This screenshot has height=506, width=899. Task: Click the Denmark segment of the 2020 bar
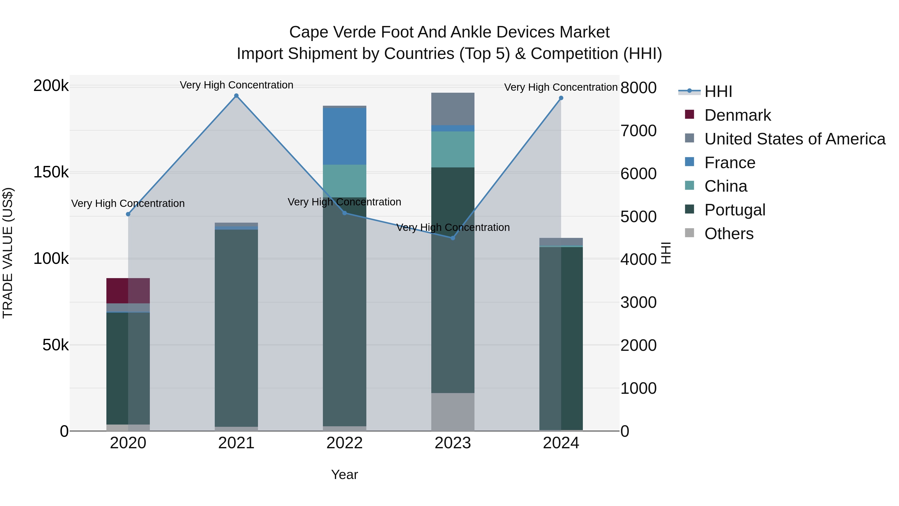pyautogui.click(x=128, y=291)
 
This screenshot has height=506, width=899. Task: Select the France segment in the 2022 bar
pyautogui.click(x=344, y=136)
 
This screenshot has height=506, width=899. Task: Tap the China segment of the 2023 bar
pyautogui.click(x=453, y=149)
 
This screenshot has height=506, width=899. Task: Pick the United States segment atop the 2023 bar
pyautogui.click(x=453, y=109)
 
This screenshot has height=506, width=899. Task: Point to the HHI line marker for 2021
pyautogui.click(x=236, y=96)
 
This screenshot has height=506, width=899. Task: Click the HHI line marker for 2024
pyautogui.click(x=561, y=98)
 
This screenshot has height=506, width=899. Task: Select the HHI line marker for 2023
pyautogui.click(x=453, y=238)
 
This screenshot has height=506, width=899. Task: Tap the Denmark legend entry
pyautogui.click(x=737, y=115)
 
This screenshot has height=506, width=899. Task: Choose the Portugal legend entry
pyautogui.click(x=735, y=210)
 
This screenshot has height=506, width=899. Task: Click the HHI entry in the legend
pyautogui.click(x=718, y=91)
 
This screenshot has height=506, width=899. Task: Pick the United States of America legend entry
pyautogui.click(x=794, y=139)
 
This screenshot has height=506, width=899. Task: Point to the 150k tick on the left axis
pyautogui.click(x=51, y=172)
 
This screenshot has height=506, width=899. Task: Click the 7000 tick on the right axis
pyautogui.click(x=639, y=131)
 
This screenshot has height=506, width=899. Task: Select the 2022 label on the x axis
pyautogui.click(x=344, y=443)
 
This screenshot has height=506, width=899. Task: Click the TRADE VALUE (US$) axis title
pyautogui.click(x=8, y=253)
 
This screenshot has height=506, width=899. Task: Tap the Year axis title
pyautogui.click(x=344, y=475)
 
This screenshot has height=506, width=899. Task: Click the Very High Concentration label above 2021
pyautogui.click(x=236, y=85)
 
